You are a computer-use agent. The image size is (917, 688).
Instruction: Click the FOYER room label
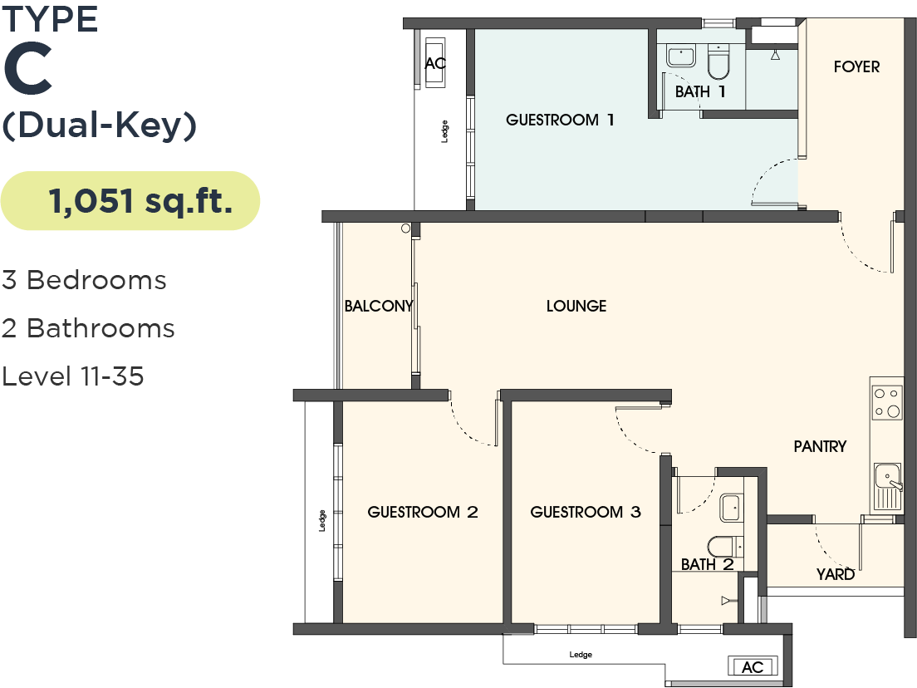tap(856, 66)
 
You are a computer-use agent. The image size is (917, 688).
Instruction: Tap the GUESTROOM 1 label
tap(560, 120)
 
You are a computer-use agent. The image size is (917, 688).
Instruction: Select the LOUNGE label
tap(576, 306)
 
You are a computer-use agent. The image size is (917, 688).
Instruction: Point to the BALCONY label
tap(379, 306)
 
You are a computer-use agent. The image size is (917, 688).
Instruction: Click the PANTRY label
tap(820, 446)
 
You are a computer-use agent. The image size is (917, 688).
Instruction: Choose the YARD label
tap(835, 574)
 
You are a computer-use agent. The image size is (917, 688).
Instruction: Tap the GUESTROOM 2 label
tap(423, 512)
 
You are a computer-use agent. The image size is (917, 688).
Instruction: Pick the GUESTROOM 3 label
tap(586, 512)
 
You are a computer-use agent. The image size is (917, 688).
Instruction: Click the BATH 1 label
tap(700, 91)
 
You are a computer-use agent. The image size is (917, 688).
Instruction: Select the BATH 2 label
tap(708, 565)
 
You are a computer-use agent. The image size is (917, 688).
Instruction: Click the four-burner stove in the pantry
tap(887, 402)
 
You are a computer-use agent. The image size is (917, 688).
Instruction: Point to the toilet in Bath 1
tap(718, 60)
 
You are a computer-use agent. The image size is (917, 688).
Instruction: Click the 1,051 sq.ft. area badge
tap(130, 201)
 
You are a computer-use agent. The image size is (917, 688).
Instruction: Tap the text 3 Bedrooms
tap(84, 280)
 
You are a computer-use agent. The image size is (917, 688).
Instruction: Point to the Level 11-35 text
tap(73, 376)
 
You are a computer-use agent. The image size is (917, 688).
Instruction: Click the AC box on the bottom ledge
tap(752, 667)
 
